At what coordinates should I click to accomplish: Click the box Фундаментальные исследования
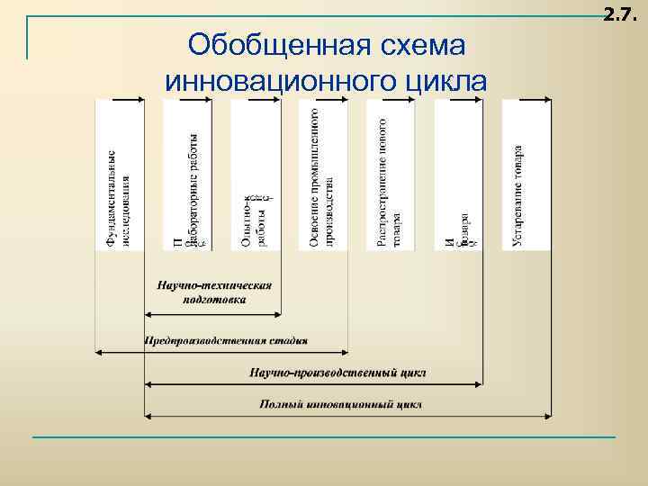tap(118, 175)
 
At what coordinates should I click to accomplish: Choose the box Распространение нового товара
tap(389, 175)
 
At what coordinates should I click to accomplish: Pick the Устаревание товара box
tap(525, 175)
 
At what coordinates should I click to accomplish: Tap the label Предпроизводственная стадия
tap(226, 341)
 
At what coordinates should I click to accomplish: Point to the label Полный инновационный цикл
tap(340, 404)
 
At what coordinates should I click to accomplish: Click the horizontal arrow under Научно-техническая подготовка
tap(212, 313)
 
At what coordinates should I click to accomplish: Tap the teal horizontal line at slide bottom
tap(324, 437)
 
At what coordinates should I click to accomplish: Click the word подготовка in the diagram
tap(213, 299)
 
